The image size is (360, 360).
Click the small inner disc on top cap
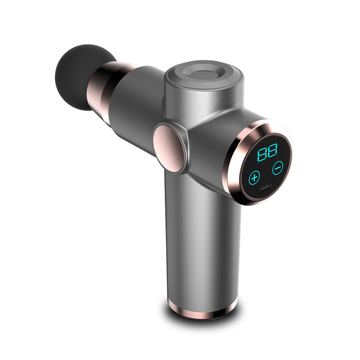click(205, 73)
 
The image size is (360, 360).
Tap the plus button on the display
click(255, 176)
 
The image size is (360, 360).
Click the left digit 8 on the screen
click(261, 155)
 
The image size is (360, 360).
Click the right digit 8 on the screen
click(272, 150)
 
